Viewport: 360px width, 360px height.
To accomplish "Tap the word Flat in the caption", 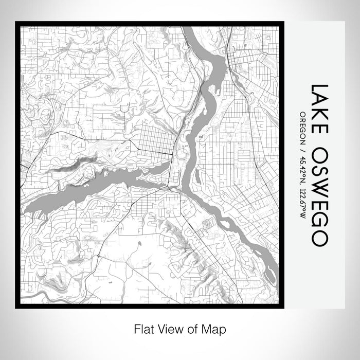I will pyautogui.click(x=144, y=328).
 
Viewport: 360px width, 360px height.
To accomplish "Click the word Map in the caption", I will pyautogui.click(x=215, y=328).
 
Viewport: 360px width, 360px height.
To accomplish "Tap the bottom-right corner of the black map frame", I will pyautogui.click(x=282, y=307).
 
